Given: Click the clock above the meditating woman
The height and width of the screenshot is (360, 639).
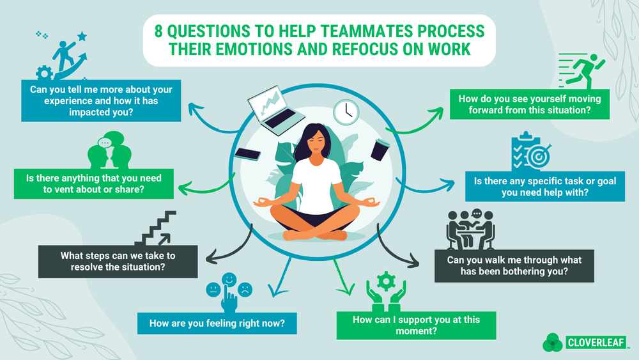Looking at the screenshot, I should pos(346,112).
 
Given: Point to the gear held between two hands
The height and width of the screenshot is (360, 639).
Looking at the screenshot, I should pos(386,281).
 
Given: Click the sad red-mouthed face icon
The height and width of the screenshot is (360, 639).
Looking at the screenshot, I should pos(245,289).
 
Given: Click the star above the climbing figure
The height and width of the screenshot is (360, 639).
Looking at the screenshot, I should pos(82,36).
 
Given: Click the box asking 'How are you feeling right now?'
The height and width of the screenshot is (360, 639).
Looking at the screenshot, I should pos(217,323).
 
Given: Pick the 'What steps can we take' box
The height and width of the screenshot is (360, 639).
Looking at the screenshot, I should pos(118,260).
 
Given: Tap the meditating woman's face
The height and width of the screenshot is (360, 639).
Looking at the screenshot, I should pos(318,141).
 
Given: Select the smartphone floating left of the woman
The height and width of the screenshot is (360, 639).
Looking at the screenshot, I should pos(247,153).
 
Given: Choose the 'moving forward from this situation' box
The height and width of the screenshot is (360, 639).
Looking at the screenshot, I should pos(530,105).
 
